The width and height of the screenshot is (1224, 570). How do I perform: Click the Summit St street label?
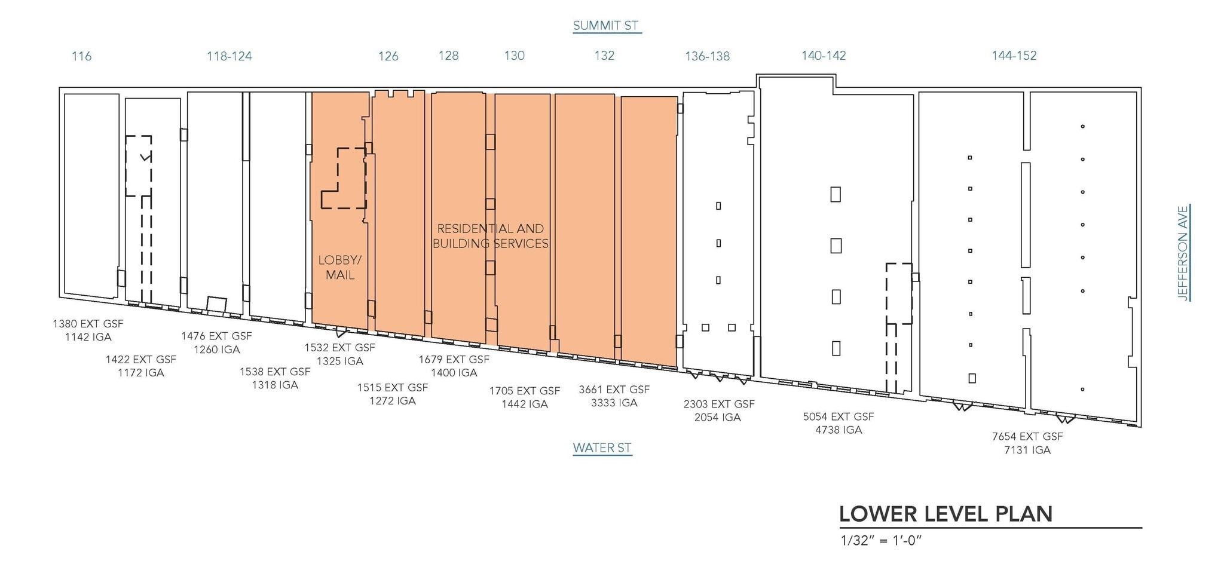[606, 26]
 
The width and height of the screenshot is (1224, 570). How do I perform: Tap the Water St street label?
[602, 448]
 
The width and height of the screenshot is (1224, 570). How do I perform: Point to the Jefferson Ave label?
[1182, 253]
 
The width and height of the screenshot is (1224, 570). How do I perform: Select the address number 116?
[82, 56]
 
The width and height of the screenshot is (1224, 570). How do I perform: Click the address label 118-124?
[229, 56]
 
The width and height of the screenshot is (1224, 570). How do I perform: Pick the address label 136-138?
[708, 56]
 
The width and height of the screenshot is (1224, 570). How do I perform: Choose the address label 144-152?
[1014, 56]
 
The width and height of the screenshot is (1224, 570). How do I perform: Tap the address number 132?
[604, 56]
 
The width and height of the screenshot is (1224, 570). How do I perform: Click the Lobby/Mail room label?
[340, 268]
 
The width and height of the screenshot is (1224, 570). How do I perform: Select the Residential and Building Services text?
[491, 236]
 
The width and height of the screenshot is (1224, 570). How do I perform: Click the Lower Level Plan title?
[946, 514]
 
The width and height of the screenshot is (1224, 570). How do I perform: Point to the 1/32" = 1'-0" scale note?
[882, 541]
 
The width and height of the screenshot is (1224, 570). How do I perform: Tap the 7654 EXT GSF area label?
[1027, 436]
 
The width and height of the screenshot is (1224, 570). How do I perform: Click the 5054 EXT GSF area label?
[839, 416]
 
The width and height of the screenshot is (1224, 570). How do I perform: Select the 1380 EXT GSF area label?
[88, 324]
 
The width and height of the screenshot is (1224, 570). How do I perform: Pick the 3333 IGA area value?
[614, 403]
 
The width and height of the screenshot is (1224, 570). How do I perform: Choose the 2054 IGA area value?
[718, 417]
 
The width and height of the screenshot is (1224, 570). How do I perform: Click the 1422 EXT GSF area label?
[141, 360]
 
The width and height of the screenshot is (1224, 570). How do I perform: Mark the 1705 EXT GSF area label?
[525, 391]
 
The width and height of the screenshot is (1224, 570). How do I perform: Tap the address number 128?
[449, 56]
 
